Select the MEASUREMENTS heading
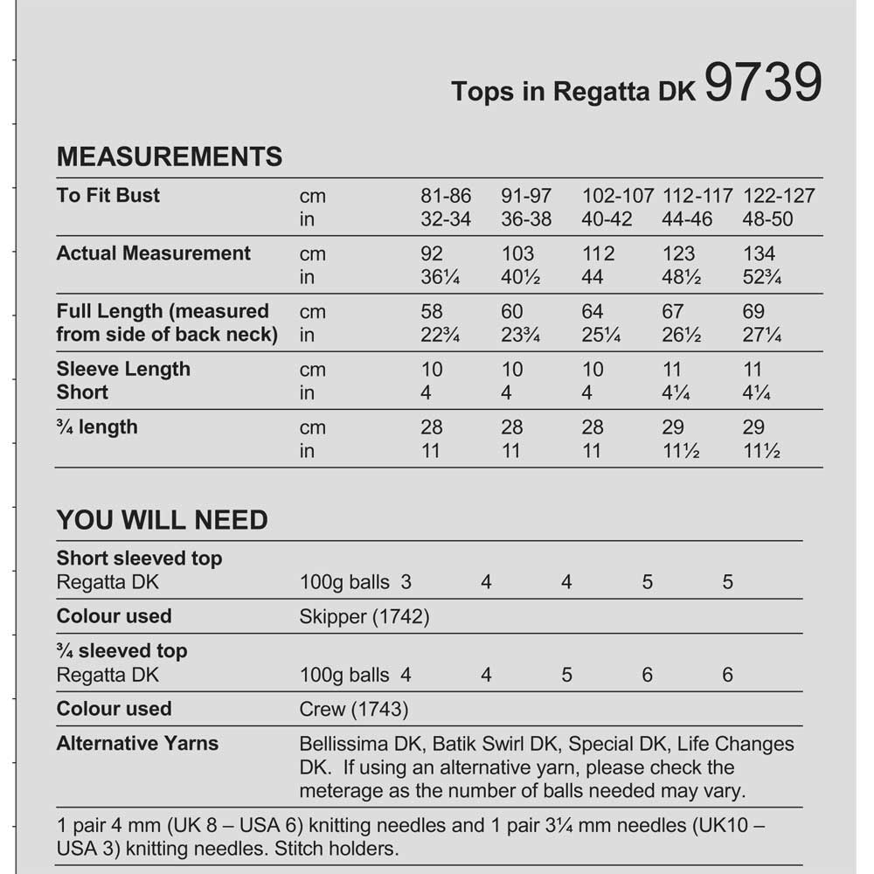pyautogui.click(x=170, y=156)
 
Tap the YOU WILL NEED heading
pyautogui.click(x=162, y=520)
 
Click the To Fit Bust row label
pyautogui.click(x=108, y=195)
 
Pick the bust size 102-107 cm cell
pyautogui.click(x=617, y=196)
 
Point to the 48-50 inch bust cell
pyautogui.click(x=767, y=219)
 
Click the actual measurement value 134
pyautogui.click(x=759, y=253)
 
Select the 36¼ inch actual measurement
pyautogui.click(x=440, y=278)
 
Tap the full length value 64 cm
pyautogui.click(x=593, y=312)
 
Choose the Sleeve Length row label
pyautogui.click(x=123, y=369)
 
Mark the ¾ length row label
pyautogui.click(x=97, y=427)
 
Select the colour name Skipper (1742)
pyautogui.click(x=364, y=617)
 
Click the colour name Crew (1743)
pyautogui.click(x=353, y=710)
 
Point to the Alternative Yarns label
pyautogui.click(x=137, y=744)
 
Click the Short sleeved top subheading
pyautogui.click(x=140, y=558)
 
